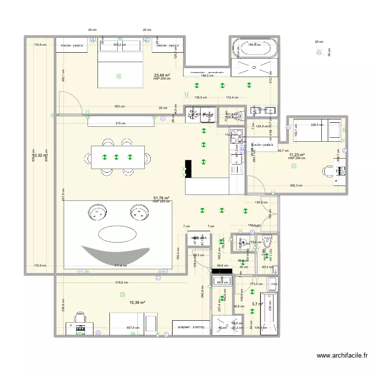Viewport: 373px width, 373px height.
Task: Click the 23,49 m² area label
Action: pyautogui.click(x=162, y=75)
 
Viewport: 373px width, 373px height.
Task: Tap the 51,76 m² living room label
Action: pyautogui.click(x=162, y=197)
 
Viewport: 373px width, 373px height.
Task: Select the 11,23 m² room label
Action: pyautogui.click(x=297, y=155)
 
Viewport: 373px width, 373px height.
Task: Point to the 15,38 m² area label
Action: pyautogui.click(x=137, y=302)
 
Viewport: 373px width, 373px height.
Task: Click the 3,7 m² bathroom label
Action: pyautogui.click(x=257, y=304)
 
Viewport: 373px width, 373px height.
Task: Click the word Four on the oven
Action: pyautogui.click(x=208, y=114)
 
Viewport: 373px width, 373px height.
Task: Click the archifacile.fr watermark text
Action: pyautogui.click(x=342, y=356)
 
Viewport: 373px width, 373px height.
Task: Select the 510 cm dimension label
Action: pyautogui.click(x=120, y=123)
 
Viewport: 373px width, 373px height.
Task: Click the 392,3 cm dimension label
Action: pyautogui.click(x=297, y=186)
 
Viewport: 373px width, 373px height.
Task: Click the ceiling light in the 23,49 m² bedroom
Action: pyautogui.click(x=118, y=76)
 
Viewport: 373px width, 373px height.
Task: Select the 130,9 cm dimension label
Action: pyautogui.click(x=261, y=202)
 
